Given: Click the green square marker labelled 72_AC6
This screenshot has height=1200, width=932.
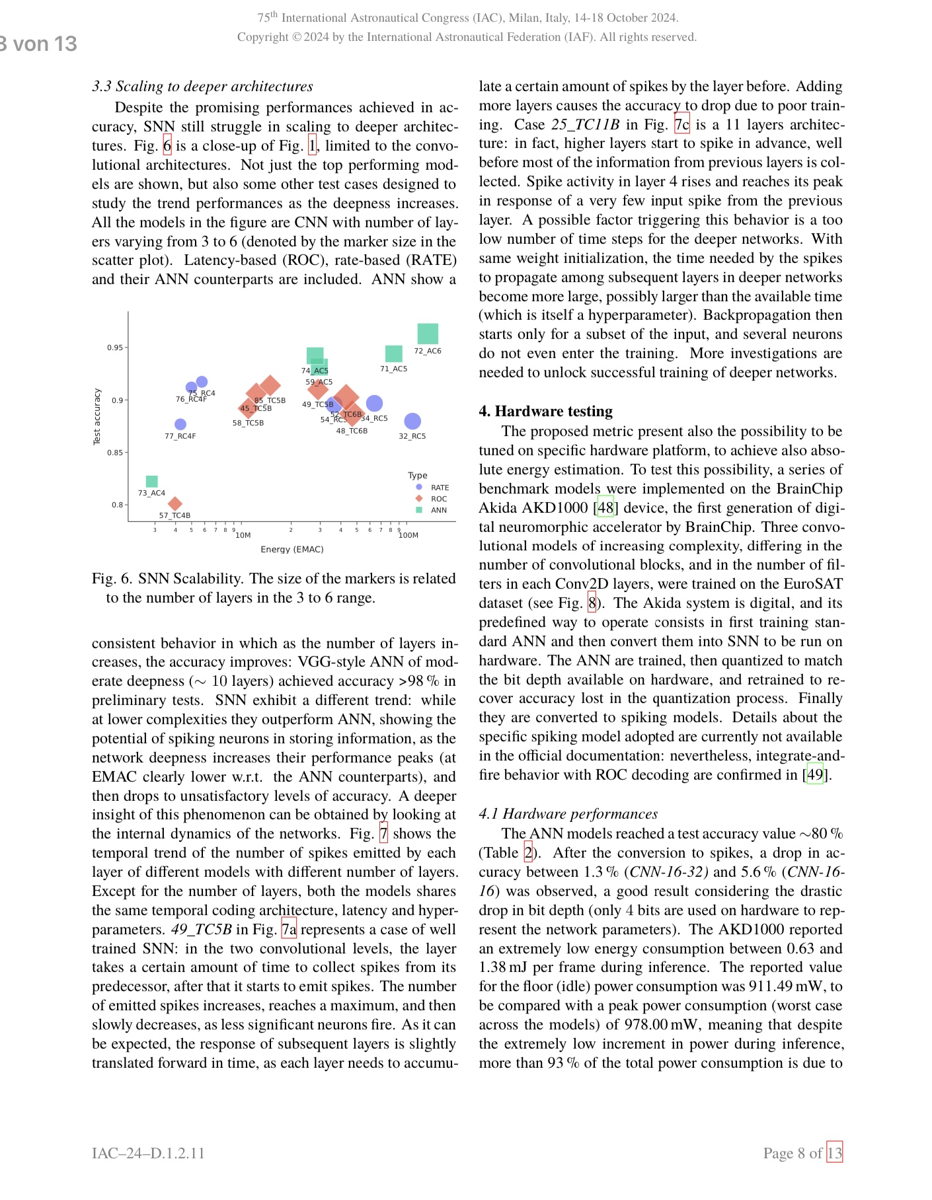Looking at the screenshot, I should (428, 334).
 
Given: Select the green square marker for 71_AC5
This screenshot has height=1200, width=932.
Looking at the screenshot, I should (393, 354).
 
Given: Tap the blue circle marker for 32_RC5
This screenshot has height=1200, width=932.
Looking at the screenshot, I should (412, 421).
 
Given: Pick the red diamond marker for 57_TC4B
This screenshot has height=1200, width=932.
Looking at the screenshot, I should (175, 504).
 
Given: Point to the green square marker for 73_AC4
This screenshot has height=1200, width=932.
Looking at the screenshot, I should (151, 481).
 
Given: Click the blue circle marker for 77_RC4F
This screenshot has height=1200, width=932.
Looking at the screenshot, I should (180, 424).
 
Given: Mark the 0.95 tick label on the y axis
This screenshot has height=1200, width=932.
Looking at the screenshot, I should (115, 348).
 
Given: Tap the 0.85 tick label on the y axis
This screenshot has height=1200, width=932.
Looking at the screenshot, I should (115, 453).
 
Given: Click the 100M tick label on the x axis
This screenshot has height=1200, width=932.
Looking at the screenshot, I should (408, 535).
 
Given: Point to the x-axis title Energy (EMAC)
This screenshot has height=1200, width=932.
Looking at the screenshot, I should (292, 549).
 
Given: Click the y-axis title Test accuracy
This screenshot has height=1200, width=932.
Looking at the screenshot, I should (97, 416).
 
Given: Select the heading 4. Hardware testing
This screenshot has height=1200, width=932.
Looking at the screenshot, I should (545, 411).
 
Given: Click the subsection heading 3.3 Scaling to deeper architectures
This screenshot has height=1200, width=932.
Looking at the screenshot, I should (202, 87).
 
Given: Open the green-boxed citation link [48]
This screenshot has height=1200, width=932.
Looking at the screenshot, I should (605, 507).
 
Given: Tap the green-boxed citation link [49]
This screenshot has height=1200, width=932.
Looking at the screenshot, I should (815, 774).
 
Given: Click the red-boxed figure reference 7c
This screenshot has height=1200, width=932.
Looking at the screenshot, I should (681, 124).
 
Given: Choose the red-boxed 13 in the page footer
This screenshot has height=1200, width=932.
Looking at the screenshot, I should (835, 1153).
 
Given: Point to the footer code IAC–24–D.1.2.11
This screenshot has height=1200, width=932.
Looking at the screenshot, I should (148, 1153).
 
